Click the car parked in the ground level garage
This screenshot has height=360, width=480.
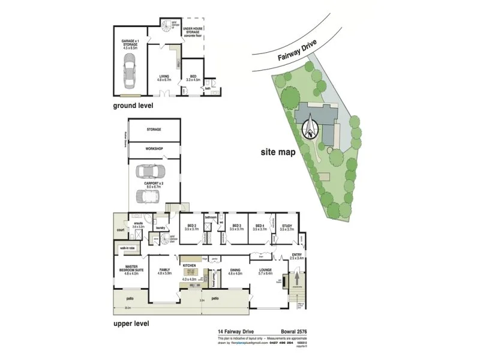pos(131,71)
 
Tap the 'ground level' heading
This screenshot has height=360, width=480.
pos(133,105)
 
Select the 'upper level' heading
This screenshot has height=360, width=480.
pos(131,323)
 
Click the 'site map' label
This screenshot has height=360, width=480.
pos(278,152)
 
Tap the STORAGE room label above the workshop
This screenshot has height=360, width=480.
pos(154,130)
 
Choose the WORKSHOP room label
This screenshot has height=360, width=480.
pos(154,149)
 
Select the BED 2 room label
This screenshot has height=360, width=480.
pos(192,226)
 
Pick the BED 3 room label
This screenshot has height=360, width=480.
pos(236,226)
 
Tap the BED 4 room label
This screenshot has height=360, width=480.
pos(260,226)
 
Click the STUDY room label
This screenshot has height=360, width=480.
pos(287,226)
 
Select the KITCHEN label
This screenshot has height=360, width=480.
pos(190,265)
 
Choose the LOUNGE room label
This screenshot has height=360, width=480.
pos(265,271)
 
